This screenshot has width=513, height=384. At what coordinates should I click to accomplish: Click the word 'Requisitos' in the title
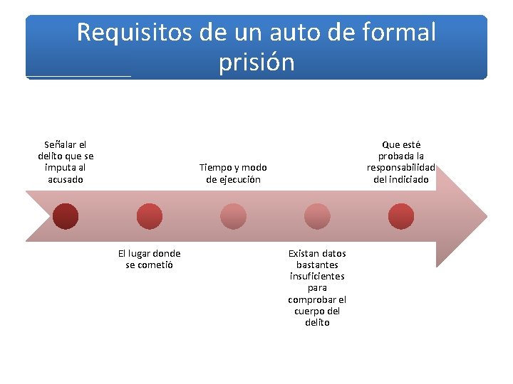132,32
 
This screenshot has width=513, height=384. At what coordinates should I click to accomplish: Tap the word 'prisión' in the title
256,63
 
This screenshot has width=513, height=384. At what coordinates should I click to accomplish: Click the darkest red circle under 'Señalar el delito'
66,215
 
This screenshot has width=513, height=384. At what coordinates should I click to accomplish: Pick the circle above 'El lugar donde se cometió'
150,215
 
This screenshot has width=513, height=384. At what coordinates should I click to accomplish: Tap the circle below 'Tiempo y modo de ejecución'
233,215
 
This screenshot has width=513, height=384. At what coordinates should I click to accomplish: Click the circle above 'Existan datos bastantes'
316,215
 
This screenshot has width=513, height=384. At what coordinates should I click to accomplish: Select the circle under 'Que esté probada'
400,215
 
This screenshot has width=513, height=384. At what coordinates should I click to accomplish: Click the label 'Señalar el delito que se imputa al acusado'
66,162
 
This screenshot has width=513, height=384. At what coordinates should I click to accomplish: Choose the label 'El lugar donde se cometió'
149,259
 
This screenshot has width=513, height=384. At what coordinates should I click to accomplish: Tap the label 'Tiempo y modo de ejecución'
233,174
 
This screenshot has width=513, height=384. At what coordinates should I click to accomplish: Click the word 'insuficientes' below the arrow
317,276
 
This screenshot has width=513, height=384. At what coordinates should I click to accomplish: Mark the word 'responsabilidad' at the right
401,168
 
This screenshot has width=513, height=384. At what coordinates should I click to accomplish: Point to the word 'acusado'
66,179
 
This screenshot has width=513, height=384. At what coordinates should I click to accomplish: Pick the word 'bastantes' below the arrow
317,265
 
